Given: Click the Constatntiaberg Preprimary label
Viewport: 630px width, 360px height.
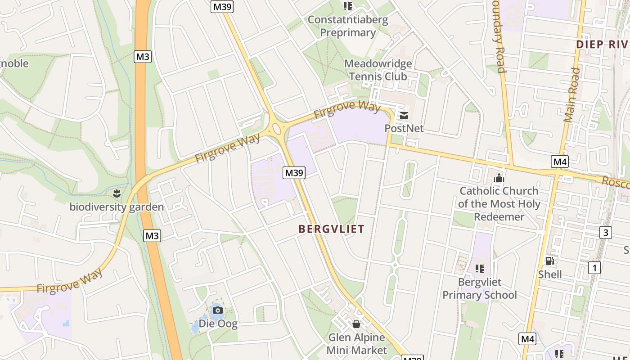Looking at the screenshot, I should coord(347,26).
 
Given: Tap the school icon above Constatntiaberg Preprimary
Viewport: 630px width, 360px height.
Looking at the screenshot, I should coord(347,6).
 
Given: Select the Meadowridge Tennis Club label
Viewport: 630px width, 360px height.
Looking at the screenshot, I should coord(378,70).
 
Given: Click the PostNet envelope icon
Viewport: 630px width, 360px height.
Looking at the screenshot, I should coord(404,116).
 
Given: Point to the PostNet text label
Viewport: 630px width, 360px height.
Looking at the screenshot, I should coord(404,128).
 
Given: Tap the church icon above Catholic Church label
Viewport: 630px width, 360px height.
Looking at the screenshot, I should coord(499,178).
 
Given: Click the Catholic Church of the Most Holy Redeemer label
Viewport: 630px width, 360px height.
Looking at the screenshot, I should coord(499,204).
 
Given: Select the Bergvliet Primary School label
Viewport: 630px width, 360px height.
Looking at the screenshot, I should coord(480,288).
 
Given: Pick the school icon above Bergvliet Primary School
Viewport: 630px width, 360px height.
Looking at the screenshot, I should coord(480,269).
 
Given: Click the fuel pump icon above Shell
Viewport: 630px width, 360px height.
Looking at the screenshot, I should coord(549,261).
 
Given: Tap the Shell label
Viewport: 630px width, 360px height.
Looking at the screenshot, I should coord(550,274).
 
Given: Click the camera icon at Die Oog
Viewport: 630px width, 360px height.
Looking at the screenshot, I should coord(217,310).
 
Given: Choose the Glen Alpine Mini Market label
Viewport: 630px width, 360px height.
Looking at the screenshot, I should coord(356,344).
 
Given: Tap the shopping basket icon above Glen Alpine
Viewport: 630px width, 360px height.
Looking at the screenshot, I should coord(356,324).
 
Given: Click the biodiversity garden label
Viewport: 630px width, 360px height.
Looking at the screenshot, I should coord(117,207).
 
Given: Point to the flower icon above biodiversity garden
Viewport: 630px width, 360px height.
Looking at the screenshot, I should coord(117,194).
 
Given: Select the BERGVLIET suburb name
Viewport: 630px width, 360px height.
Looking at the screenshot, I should coord(331,229).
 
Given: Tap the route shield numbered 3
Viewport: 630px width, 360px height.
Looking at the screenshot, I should coord(606,233).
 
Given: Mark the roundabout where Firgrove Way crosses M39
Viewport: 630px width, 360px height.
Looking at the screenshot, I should coord(276,129).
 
